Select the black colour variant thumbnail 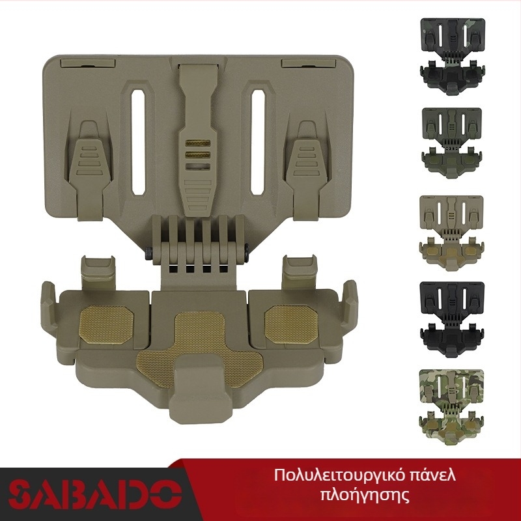pos(452,319)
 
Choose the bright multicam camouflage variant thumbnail pos(451,406)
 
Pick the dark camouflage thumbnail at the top pos(453,56)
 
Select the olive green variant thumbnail pos(451,143)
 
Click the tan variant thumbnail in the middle pos(451,233)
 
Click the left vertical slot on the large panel pos(138,142)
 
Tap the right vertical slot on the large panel pos(257,142)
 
